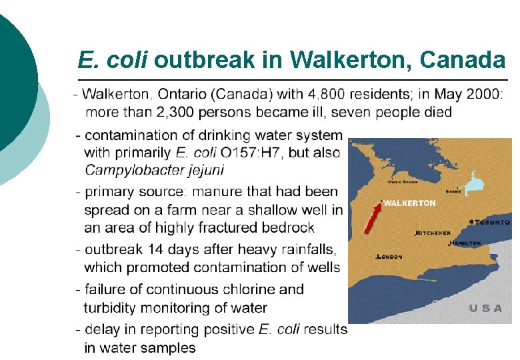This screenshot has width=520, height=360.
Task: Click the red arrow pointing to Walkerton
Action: pos(372,218)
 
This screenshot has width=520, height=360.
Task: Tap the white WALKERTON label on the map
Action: pos(411,203)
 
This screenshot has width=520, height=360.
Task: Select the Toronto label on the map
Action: pos(492,221)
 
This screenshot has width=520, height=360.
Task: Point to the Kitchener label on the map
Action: pos(433,233)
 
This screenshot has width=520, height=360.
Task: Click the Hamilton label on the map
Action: pos(465,243)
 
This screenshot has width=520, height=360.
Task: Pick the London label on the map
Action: pos(390,256)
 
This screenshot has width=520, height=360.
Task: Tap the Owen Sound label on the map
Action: pos(403,181)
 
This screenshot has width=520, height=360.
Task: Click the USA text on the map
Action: pos(485,309)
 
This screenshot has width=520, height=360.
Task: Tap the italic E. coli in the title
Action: pos(113,61)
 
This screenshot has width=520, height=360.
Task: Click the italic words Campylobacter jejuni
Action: pos(154,170)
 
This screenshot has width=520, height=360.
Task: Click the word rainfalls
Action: pos(303,250)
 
